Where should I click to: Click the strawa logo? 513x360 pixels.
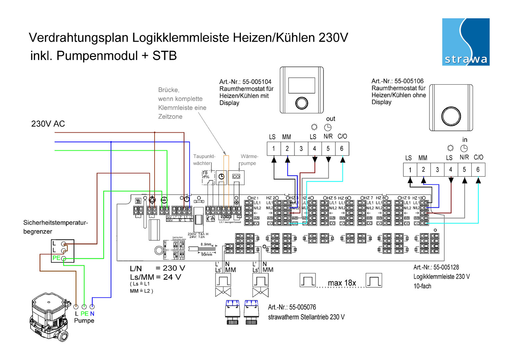(x=466, y=42)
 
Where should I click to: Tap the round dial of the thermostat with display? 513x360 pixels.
(x=301, y=103)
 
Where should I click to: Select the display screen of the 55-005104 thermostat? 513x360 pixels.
(x=301, y=85)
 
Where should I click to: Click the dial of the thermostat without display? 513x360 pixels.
(x=451, y=116)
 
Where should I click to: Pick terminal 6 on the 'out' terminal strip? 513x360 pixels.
(x=342, y=149)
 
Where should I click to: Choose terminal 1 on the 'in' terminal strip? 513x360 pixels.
(x=410, y=170)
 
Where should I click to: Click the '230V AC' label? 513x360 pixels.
(x=48, y=124)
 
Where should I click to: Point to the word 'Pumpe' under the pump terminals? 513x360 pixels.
(x=84, y=321)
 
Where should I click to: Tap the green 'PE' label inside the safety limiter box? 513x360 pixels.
(x=56, y=258)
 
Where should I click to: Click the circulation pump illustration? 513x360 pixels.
(x=50, y=317)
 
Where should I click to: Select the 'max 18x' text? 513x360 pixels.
(x=342, y=283)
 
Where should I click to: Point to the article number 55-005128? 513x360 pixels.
(x=436, y=267)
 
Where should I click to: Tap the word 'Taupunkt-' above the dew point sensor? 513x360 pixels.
(x=204, y=156)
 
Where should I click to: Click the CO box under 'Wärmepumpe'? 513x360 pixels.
(x=236, y=177)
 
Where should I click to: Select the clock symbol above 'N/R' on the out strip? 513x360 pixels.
(x=328, y=127)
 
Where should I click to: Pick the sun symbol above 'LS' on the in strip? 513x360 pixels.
(x=450, y=148)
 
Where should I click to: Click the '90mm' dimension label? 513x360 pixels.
(x=207, y=255)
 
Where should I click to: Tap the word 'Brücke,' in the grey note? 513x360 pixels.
(x=169, y=90)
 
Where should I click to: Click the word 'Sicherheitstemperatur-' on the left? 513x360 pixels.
(x=56, y=223)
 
